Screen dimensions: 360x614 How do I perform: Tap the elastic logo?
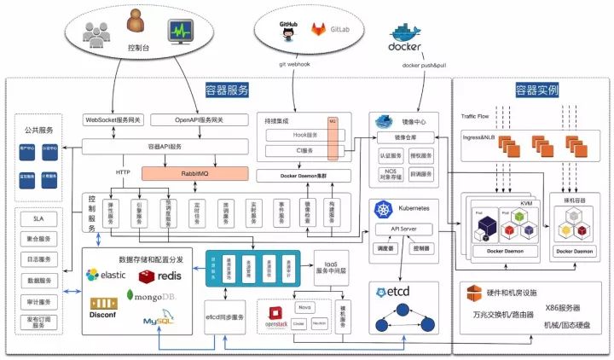pyautogui.click(x=109, y=275)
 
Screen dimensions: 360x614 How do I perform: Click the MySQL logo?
pyautogui.click(x=159, y=320)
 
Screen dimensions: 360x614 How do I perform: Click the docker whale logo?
pyautogui.click(x=404, y=41)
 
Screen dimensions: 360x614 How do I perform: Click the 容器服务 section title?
pyautogui.click(x=228, y=89)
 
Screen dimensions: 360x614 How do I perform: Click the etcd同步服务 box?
pyautogui.click(x=225, y=316)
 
